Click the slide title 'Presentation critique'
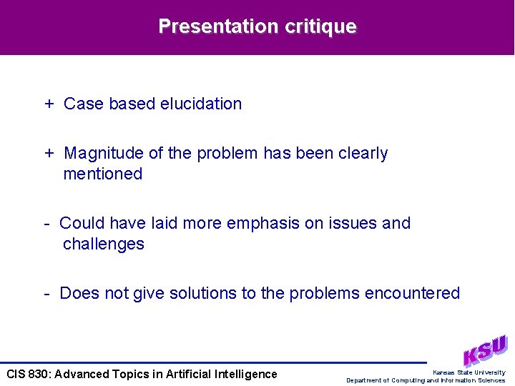point(257,26)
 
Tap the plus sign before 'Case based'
point(49,104)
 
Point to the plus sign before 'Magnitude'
point(49,154)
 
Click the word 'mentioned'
point(103,174)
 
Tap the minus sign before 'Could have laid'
point(46,224)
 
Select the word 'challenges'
point(104,244)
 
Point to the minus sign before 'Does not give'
point(46,294)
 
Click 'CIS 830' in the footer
point(26,374)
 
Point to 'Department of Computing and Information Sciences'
point(426,380)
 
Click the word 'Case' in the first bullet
point(84,104)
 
